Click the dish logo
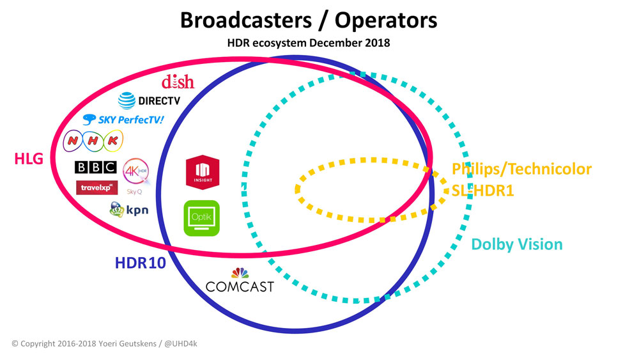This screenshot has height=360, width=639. pyautogui.click(x=178, y=82)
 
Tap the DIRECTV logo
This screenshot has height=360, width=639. pyautogui.click(x=150, y=100)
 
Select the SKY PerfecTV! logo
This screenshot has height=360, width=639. pyautogui.click(x=123, y=119)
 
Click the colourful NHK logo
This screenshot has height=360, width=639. pyautogui.click(x=93, y=141)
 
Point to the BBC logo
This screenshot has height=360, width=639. pyautogui.click(x=96, y=168)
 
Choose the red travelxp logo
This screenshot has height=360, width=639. pyautogui.click(x=96, y=187)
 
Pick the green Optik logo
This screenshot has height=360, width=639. pyautogui.click(x=201, y=218)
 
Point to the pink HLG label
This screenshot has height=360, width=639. pyautogui.click(x=29, y=158)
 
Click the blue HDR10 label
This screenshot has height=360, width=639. pyautogui.click(x=140, y=263)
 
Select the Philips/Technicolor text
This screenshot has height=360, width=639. pyautogui.click(x=521, y=169)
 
